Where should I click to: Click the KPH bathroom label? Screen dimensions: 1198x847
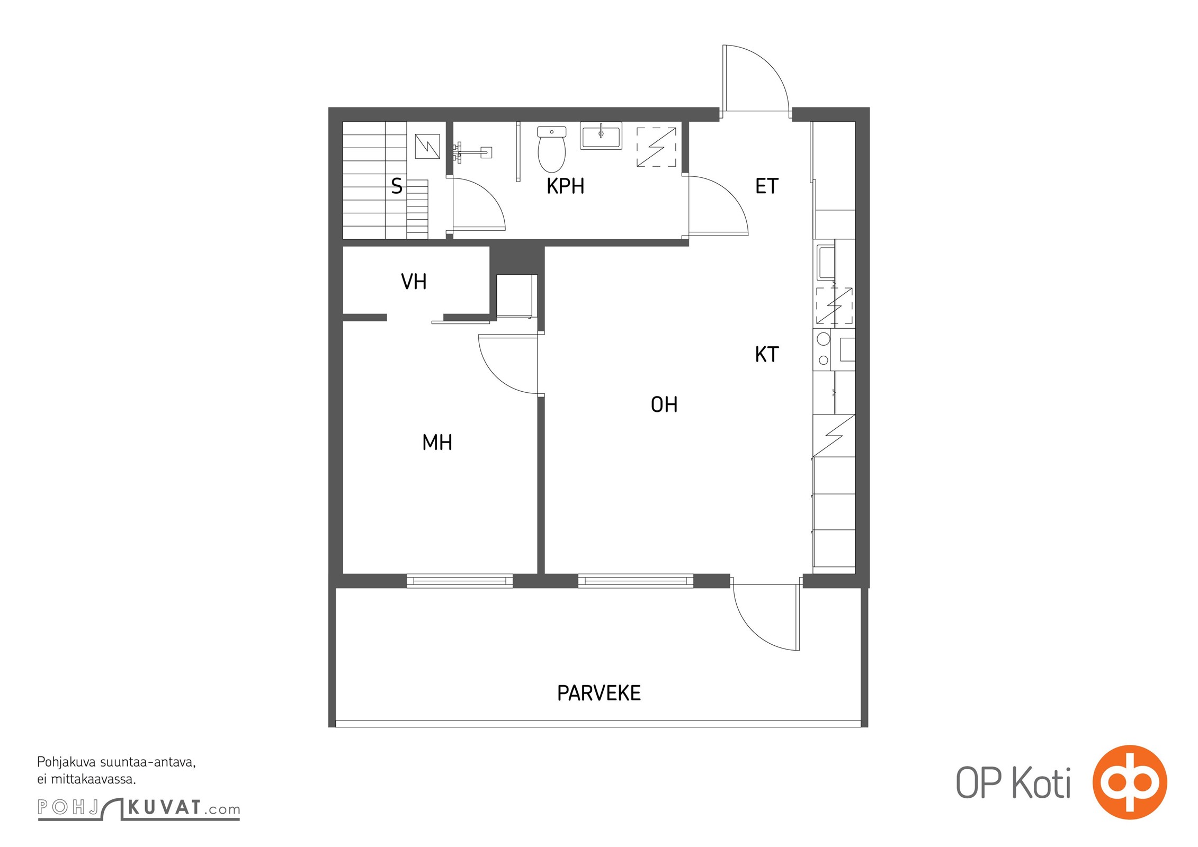point(565,186)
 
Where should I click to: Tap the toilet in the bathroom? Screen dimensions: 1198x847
point(551,149)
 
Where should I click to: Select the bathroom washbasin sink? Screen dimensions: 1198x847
point(601,136)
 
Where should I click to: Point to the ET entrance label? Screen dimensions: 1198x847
point(766,186)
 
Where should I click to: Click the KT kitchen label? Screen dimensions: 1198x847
point(766,355)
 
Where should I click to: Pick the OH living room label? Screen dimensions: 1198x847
point(664,405)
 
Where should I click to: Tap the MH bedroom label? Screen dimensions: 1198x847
point(437,443)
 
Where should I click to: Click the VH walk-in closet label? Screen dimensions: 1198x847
point(414,282)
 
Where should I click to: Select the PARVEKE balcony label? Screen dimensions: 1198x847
point(599,693)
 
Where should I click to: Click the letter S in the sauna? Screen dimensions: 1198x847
point(397,186)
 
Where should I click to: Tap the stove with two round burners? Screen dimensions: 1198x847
point(823,349)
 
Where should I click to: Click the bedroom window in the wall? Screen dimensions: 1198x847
point(460,581)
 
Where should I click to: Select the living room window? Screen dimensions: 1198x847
point(636,581)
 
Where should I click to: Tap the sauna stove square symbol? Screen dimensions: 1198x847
point(427,147)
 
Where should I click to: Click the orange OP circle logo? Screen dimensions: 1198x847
point(1130,782)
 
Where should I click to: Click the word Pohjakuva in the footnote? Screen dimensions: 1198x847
point(66,763)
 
